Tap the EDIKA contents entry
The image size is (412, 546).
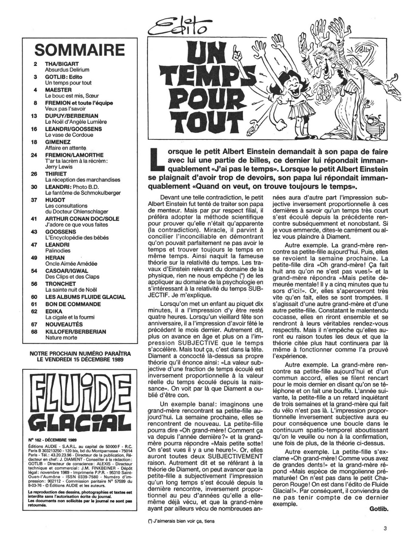tap(54, 311)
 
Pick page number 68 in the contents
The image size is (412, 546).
tap(35, 332)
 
